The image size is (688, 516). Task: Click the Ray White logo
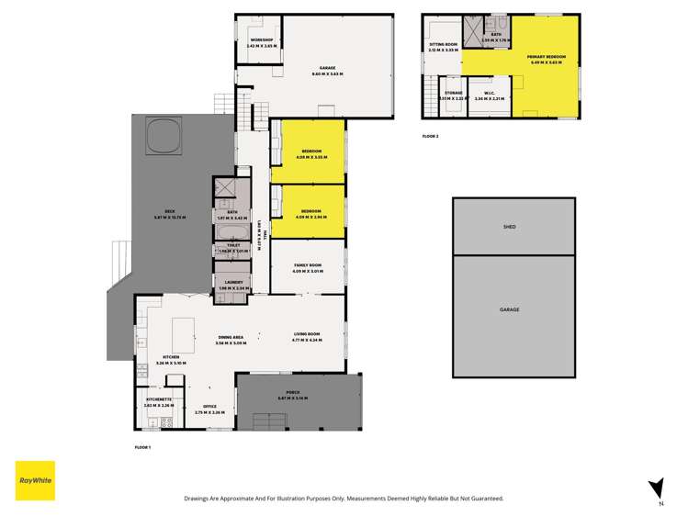coord(35,480)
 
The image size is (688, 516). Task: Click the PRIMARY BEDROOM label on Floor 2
coord(546,57)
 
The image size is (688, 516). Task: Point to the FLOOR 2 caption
coord(430,136)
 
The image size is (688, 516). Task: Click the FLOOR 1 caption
coord(142,446)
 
